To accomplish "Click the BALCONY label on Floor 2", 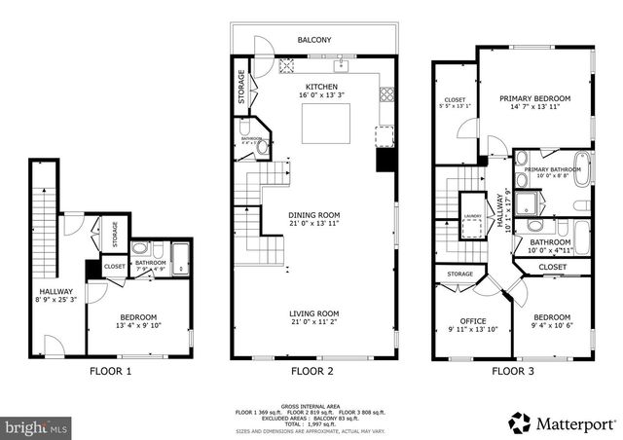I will [x=314, y=40].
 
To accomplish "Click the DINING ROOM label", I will [x=313, y=215].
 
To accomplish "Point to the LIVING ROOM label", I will [x=313, y=313].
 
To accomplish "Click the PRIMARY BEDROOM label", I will [x=534, y=99].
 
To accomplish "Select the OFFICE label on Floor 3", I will [x=472, y=321].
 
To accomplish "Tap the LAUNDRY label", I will [x=473, y=216].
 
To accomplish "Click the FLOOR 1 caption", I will [x=110, y=371].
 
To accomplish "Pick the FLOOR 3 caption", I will [x=512, y=371].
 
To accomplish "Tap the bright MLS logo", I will [x=35, y=426].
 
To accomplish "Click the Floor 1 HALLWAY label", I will [x=56, y=291].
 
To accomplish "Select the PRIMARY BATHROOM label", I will [x=552, y=170].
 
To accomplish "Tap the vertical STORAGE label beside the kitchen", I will [x=241, y=88].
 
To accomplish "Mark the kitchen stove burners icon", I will [x=386, y=94].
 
